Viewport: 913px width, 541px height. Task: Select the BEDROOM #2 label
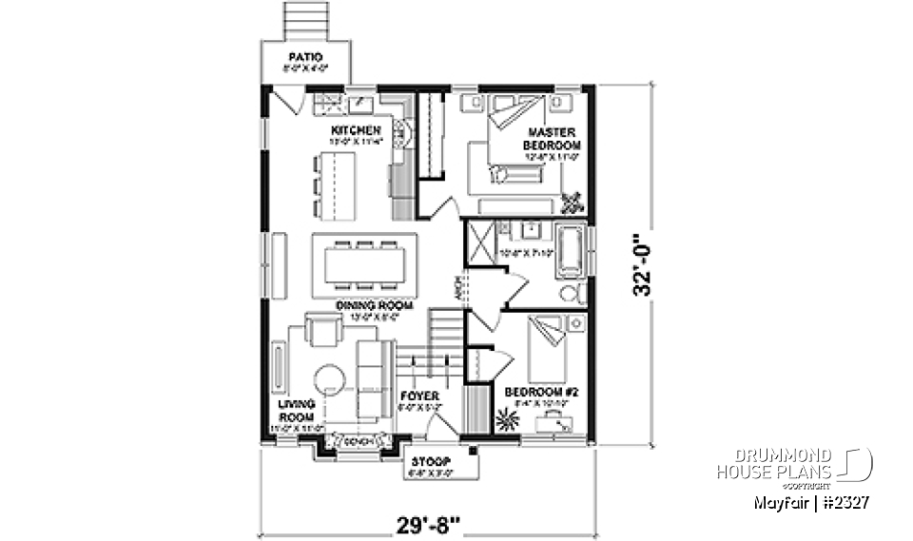point(535,391)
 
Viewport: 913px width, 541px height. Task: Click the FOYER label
point(418,395)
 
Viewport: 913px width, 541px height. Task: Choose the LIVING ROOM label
point(296,410)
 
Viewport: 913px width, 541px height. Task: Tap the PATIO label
point(305,59)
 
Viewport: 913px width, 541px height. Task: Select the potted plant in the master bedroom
point(573,203)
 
